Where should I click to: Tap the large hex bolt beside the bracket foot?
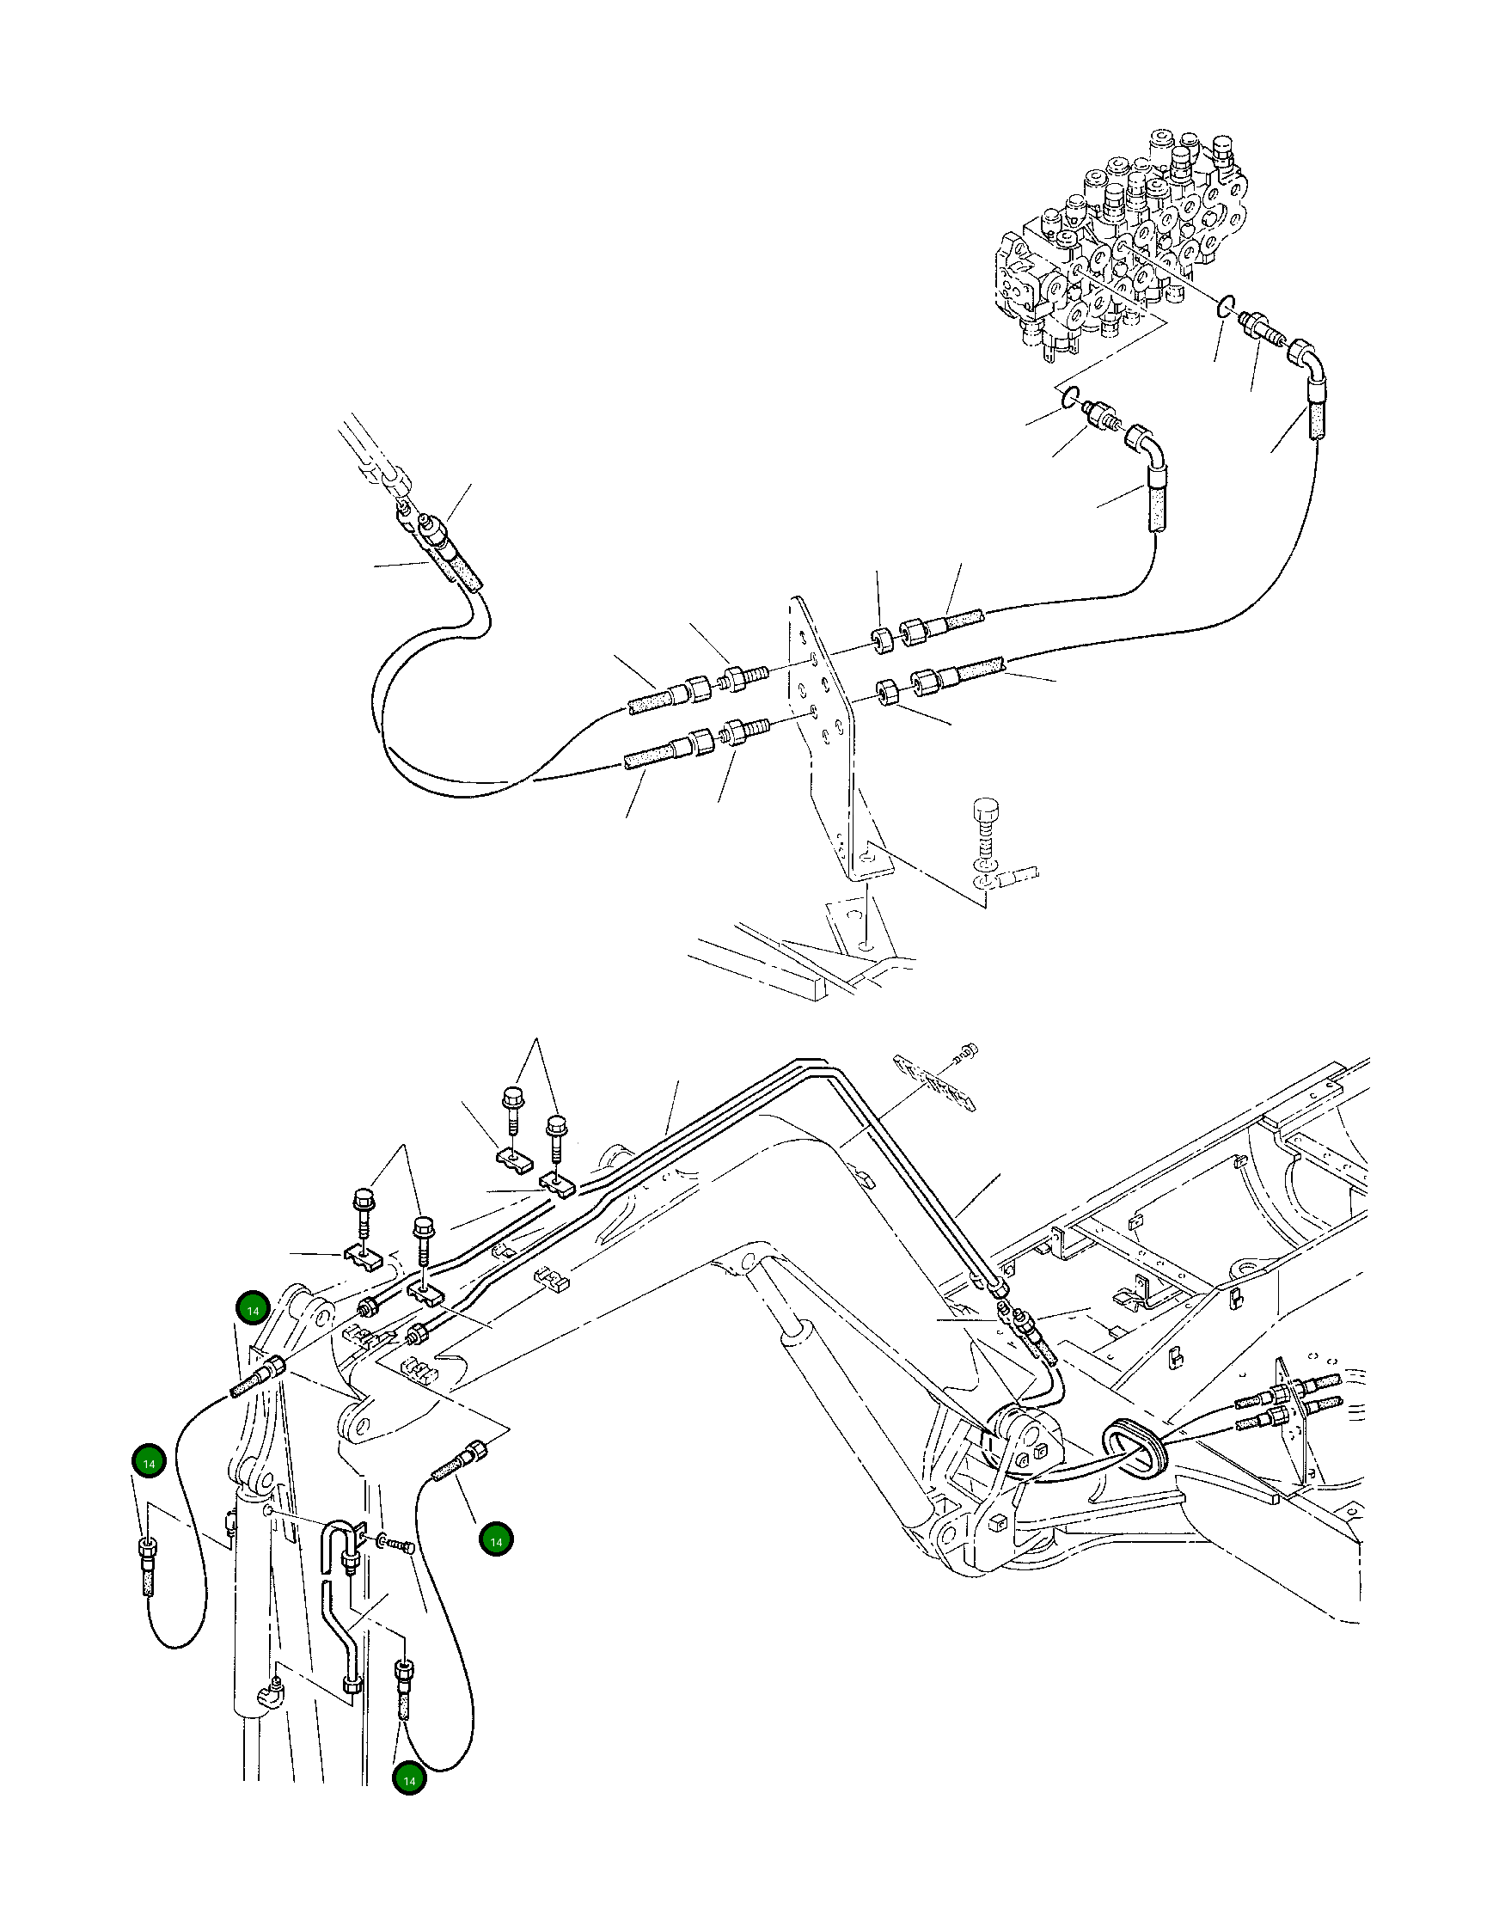coord(988,821)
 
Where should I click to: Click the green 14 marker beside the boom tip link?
coord(253,1310)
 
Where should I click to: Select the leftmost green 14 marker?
coord(149,1463)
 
